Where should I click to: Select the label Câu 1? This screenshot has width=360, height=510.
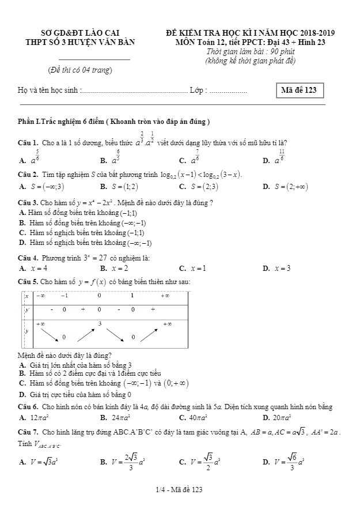[29, 143]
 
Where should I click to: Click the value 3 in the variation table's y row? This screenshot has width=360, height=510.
[100, 324]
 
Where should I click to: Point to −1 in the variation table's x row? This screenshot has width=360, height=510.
[64, 296]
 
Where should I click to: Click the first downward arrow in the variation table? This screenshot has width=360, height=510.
[50, 332]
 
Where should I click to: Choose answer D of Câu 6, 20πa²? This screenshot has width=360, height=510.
[281, 417]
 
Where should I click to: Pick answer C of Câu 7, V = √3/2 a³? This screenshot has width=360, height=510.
[199, 462]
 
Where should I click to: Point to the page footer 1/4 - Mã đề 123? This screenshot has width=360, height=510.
[180, 490]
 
